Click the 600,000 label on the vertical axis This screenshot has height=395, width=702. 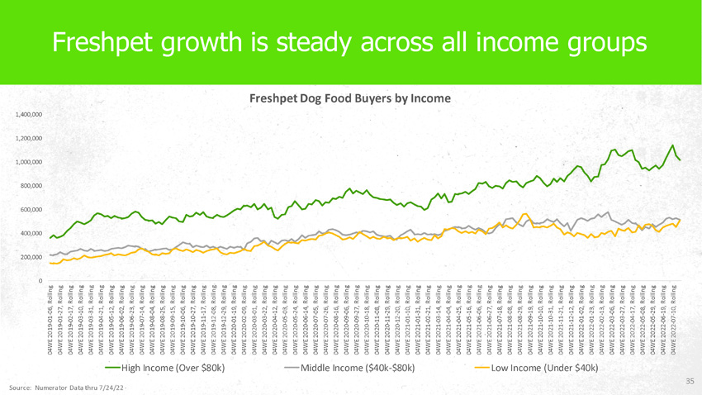tap(31, 210)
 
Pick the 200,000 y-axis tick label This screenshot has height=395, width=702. tap(31, 258)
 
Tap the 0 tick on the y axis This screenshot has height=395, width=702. tap(40, 282)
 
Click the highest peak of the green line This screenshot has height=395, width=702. tap(672, 145)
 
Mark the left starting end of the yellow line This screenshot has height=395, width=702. tap(50, 263)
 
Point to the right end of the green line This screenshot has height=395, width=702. tap(680, 159)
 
